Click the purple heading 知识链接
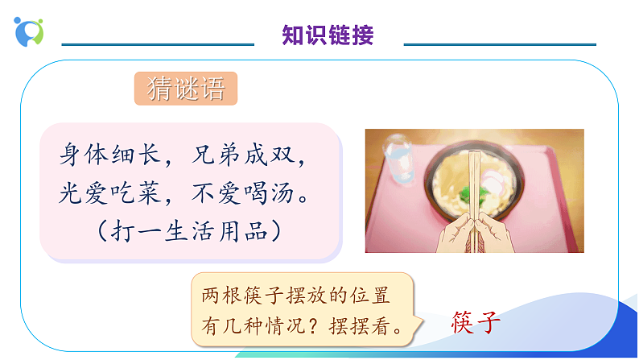328,35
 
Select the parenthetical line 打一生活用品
188,231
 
